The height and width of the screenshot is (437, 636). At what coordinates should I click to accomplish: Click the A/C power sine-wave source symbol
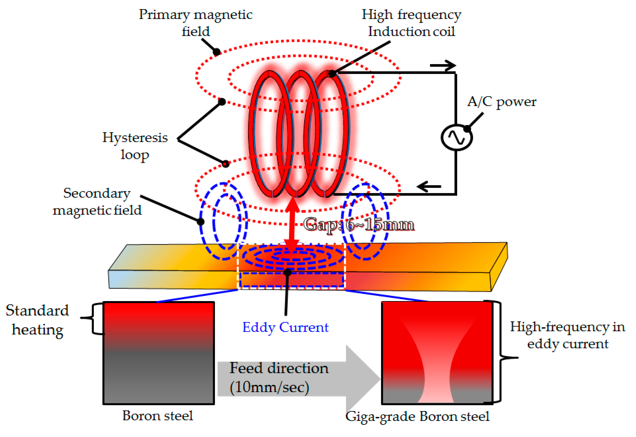(456, 137)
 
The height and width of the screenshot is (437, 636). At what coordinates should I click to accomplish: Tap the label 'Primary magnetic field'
(196, 23)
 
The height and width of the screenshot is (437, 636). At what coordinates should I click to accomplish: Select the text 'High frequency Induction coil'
(411, 23)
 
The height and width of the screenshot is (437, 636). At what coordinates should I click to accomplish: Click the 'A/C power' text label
(501, 102)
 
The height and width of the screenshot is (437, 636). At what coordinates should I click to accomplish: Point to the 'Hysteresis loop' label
(135, 146)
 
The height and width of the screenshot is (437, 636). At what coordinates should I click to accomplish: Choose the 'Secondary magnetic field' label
(97, 201)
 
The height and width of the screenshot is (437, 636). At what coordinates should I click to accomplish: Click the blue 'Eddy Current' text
(285, 327)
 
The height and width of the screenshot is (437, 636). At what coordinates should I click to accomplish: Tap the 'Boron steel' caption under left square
(158, 416)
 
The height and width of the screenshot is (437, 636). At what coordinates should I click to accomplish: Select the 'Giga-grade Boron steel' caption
(417, 416)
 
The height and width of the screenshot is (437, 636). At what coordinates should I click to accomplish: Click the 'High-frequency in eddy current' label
(567, 335)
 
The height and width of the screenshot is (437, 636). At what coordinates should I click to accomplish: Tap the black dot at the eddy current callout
(287, 272)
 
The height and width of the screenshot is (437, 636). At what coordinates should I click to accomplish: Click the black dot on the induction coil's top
(332, 74)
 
